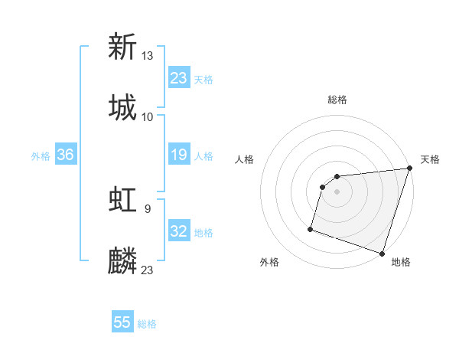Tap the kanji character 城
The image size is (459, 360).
[x=122, y=106]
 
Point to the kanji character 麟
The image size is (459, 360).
[x=122, y=260]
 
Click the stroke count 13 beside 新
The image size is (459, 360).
[x=148, y=55]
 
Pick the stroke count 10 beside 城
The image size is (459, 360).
[x=148, y=116]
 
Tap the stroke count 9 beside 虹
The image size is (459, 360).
[x=147, y=208]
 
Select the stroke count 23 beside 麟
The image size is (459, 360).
[x=148, y=270]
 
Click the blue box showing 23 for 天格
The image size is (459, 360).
[x=178, y=78]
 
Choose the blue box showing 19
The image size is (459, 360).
[x=178, y=155]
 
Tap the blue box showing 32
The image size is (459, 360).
[x=178, y=231]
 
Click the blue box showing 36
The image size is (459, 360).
[x=65, y=155]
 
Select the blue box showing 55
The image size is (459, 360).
[x=122, y=322]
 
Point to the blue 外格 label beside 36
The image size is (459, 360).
[x=41, y=155]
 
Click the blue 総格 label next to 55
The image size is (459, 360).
[x=147, y=324]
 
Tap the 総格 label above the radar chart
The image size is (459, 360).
[x=337, y=100]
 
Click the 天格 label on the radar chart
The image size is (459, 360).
[x=430, y=159]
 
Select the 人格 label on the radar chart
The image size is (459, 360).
[x=245, y=159]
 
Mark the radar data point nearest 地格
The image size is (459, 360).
[x=382, y=253]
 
